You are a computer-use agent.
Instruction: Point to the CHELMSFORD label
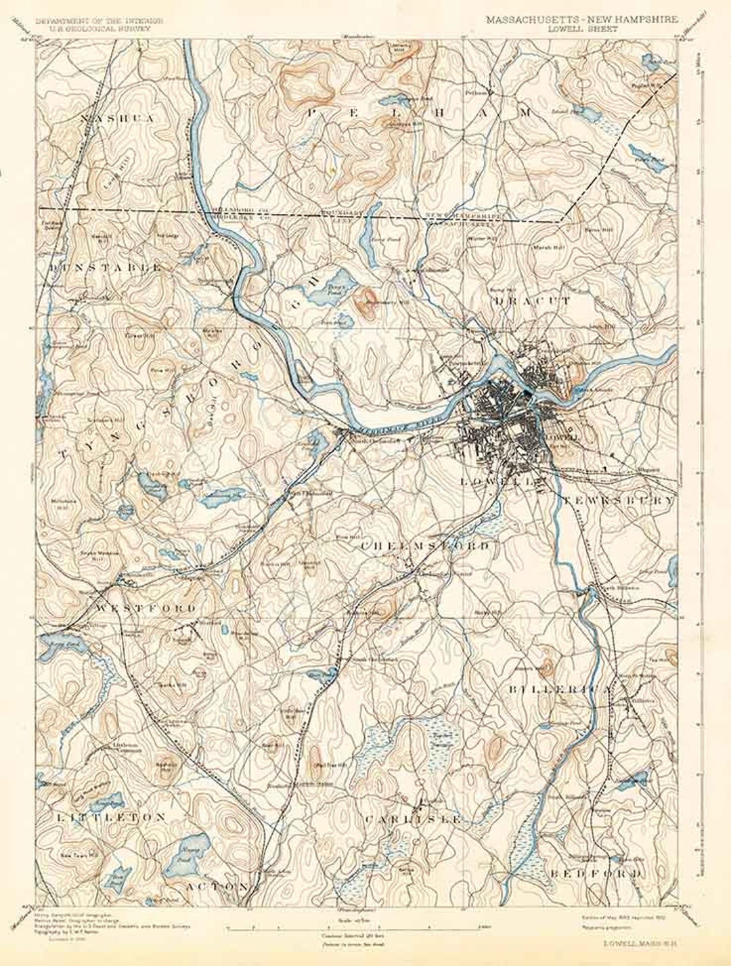click(425, 545)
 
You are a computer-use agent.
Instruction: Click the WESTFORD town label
click(146, 608)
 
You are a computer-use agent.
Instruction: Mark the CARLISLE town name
click(413, 819)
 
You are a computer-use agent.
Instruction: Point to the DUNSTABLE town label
click(105, 267)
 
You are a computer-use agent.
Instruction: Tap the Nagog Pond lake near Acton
click(183, 854)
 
